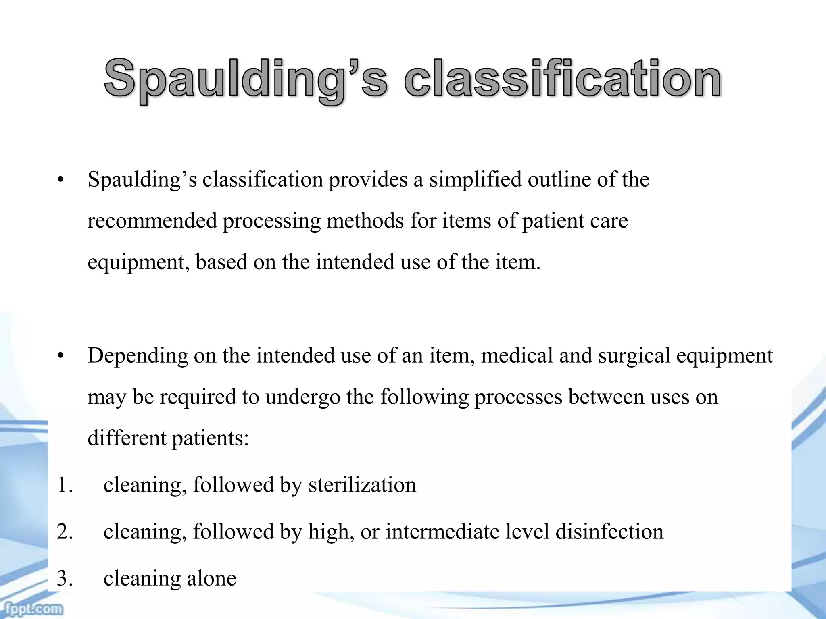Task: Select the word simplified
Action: [476, 180]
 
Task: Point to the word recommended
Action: [152, 221]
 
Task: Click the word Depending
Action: [138, 356]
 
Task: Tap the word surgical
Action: [634, 356]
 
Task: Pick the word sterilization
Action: [362, 484]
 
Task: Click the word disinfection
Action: [609, 531]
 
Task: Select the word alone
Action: [211, 578]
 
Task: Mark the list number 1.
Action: [65, 485]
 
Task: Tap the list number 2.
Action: [65, 532]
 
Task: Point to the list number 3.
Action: [65, 579]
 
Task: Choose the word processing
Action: [271, 221]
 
